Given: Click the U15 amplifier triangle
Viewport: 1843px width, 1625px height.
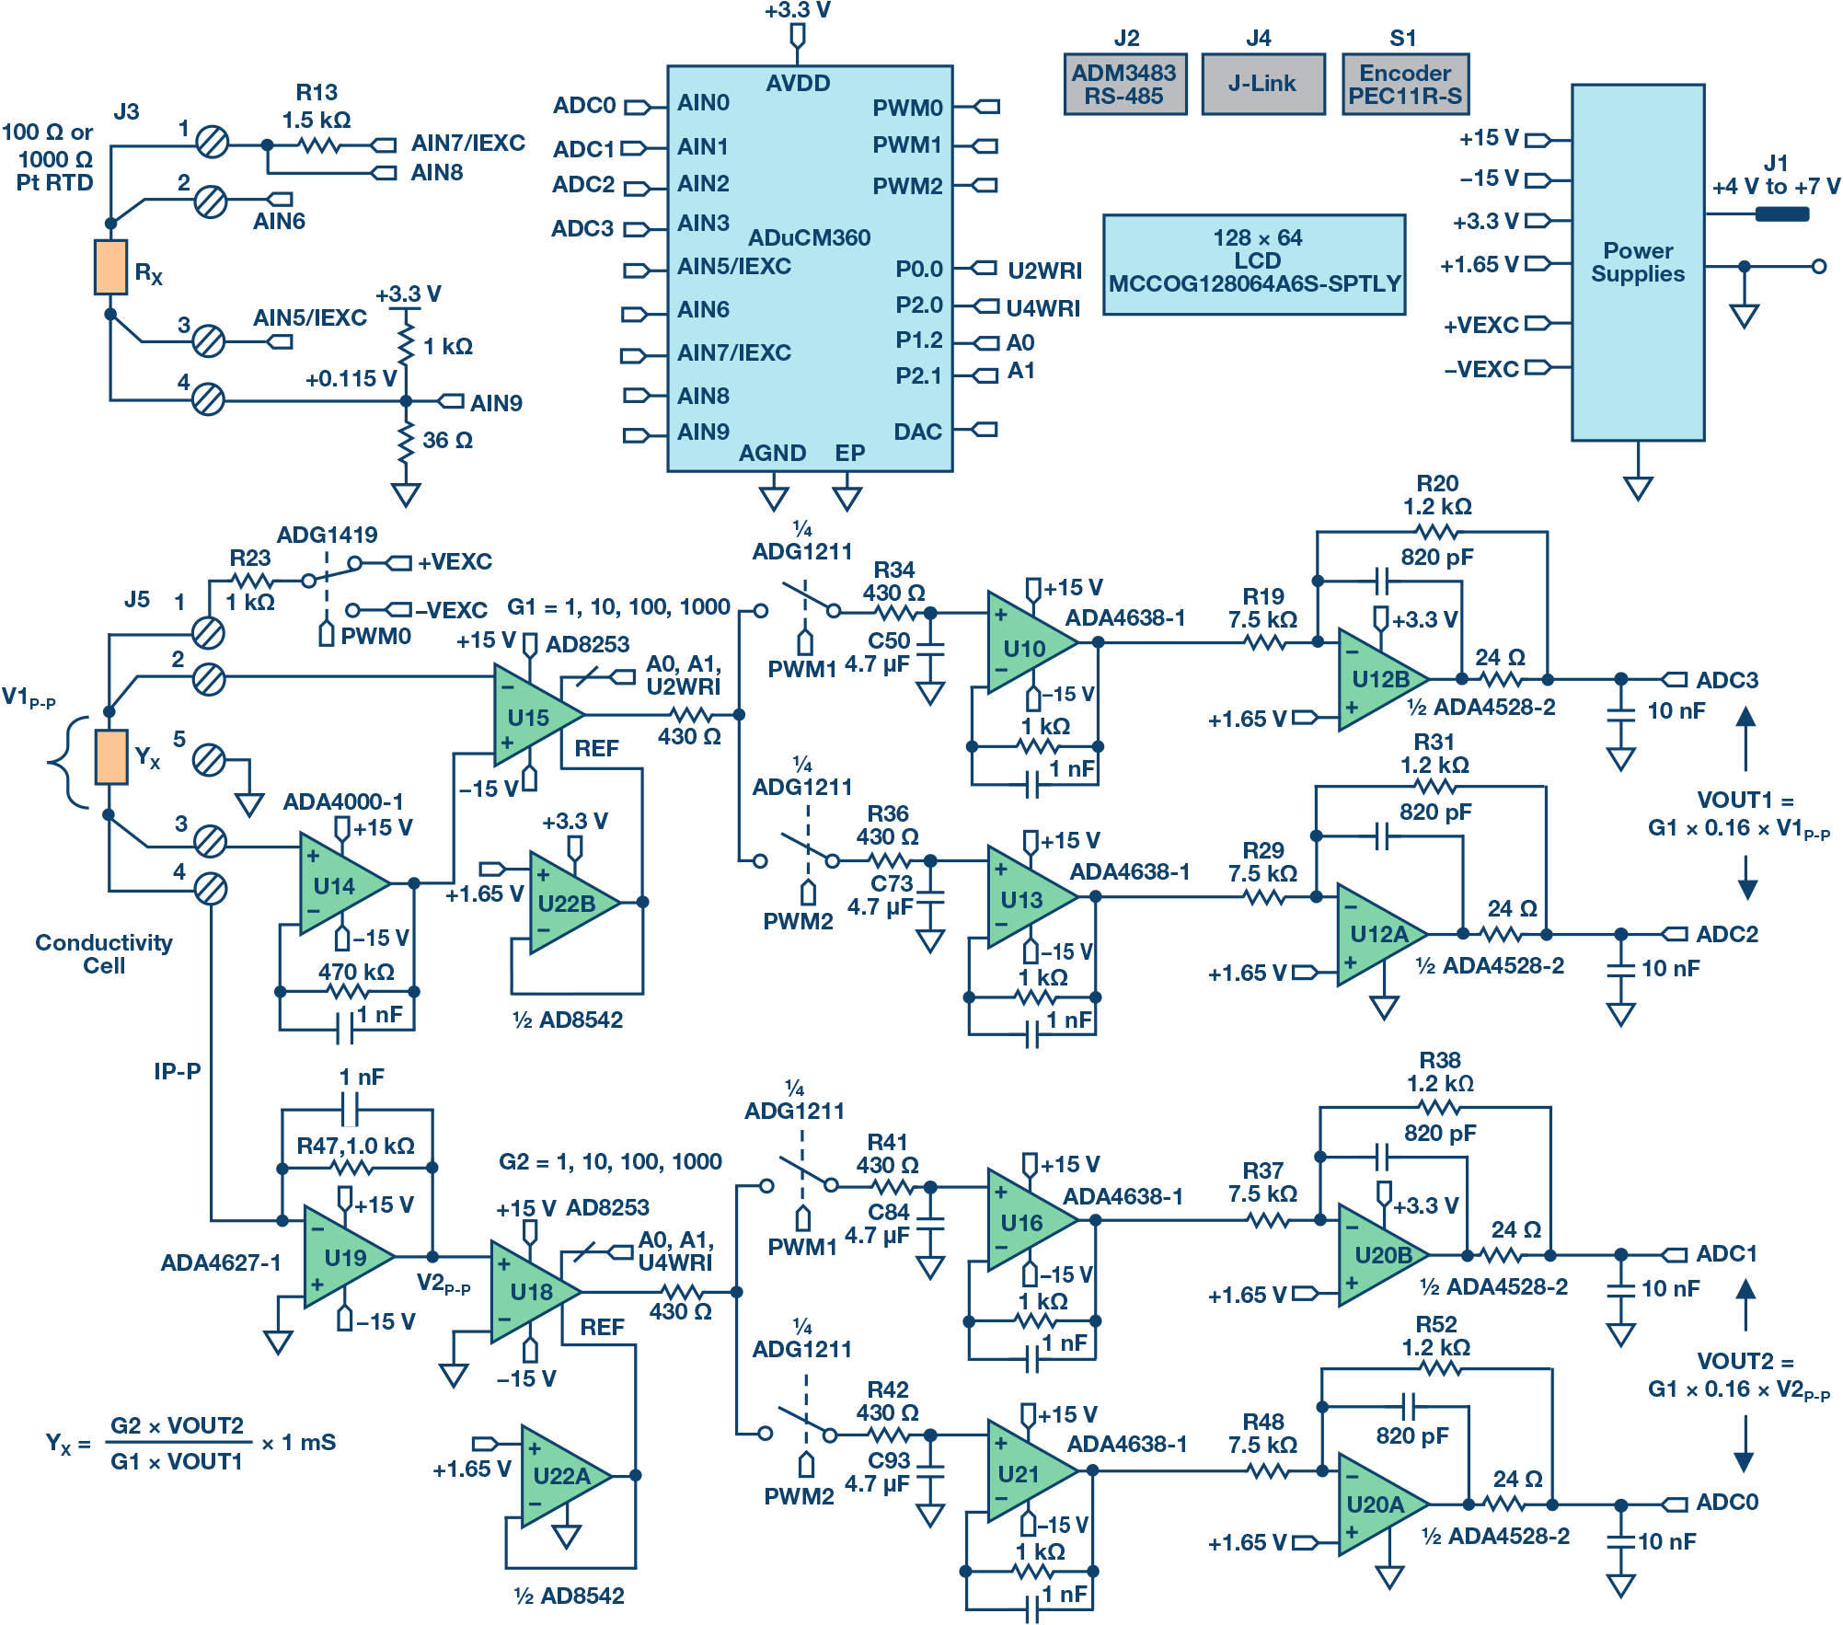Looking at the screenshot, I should (x=531, y=716).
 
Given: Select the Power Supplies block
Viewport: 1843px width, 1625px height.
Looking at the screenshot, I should (x=1637, y=262).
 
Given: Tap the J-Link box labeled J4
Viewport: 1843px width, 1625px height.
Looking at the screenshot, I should (x=1262, y=84).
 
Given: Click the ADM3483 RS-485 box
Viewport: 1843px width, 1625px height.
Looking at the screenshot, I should (x=1124, y=84).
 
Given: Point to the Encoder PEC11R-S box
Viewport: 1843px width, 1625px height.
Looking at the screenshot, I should (x=1405, y=84).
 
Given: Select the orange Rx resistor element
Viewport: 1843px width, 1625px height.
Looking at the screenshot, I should (x=110, y=268).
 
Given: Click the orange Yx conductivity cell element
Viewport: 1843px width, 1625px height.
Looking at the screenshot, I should (x=111, y=757).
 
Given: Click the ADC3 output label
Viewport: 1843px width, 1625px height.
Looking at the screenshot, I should (x=1726, y=680).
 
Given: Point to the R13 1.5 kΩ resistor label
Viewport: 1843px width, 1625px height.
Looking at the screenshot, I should (x=317, y=107).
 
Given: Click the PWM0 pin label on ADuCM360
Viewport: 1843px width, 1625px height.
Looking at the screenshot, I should (x=906, y=108).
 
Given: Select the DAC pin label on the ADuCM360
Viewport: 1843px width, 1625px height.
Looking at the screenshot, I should (x=917, y=432).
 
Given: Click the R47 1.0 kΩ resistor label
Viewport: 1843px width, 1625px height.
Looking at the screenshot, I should (x=355, y=1146).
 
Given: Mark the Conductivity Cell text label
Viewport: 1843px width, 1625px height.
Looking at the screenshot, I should (x=104, y=954).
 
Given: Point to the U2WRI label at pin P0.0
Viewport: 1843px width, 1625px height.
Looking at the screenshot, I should (x=1044, y=271).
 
